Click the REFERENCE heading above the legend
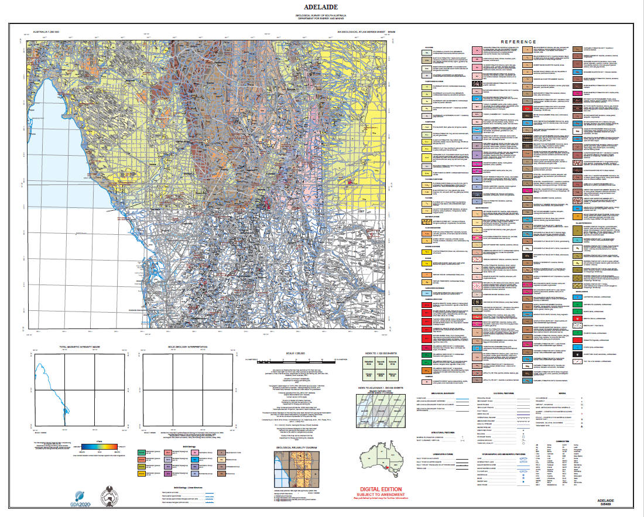tap(518, 42)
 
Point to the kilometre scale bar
tap(287, 357)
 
